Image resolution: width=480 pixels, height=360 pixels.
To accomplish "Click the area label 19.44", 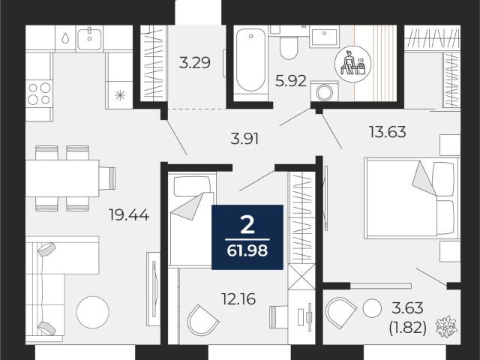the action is [x=129, y=214].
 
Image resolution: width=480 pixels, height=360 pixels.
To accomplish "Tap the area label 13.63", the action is [x=388, y=132].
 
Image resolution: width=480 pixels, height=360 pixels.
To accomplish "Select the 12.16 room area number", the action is [x=238, y=298].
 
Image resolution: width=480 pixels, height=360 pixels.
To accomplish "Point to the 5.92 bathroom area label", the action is [x=291, y=81].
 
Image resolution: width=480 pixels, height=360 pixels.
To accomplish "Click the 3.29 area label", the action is [x=195, y=63].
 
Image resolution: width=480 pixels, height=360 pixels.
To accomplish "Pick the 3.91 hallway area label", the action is [x=244, y=138].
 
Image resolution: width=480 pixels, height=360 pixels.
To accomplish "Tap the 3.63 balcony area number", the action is [x=409, y=307].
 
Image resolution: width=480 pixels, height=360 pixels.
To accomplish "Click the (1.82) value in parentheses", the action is [x=408, y=328].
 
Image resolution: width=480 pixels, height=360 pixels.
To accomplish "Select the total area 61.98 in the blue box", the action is [x=247, y=251].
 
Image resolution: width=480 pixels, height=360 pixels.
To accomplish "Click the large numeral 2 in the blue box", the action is [x=247, y=225].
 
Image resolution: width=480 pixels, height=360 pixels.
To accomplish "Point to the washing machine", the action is [x=325, y=91].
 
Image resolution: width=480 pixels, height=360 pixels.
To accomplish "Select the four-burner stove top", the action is [x=39, y=93].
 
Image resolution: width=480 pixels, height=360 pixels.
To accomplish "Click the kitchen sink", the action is [x=89, y=38].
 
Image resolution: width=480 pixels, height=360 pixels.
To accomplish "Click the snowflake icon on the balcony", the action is [x=447, y=326].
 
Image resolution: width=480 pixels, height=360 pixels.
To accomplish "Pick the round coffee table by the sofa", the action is [x=93, y=312].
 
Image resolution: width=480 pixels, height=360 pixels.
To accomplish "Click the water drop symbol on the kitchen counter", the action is [x=65, y=38].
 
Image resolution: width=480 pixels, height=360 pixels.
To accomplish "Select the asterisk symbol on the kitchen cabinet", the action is [x=120, y=95].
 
